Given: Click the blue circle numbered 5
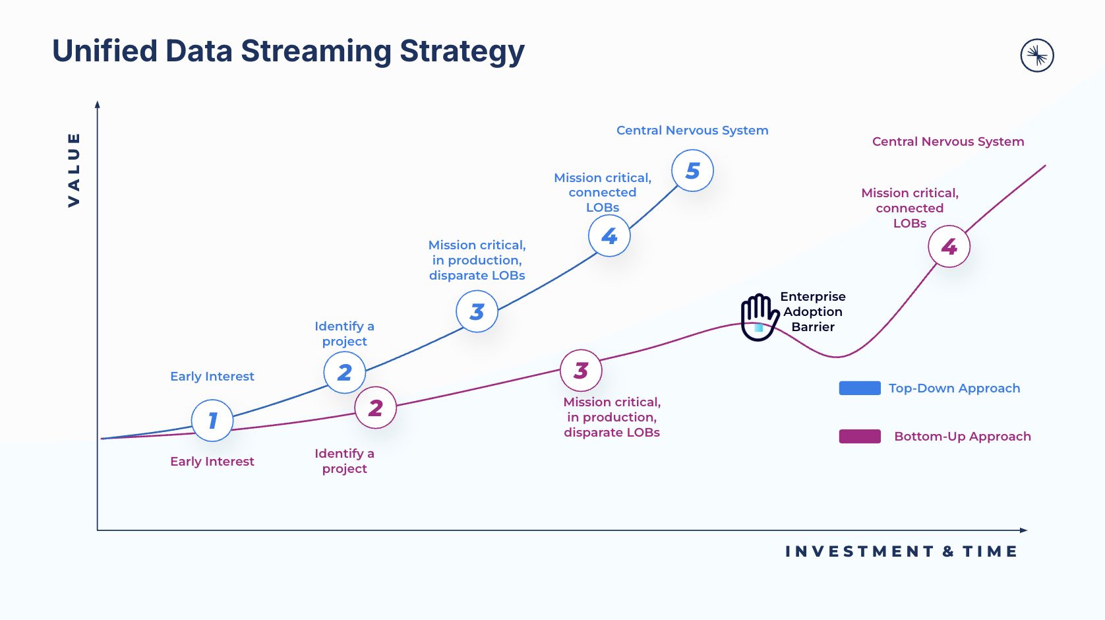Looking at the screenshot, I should pos(692,171).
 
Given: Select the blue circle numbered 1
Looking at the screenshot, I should pos(212,420).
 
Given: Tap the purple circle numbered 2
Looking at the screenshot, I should pos(376,408).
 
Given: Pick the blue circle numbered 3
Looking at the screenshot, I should pos(477,311).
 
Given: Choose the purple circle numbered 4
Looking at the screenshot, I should pos(949,247).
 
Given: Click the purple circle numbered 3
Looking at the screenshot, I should pos(581,370).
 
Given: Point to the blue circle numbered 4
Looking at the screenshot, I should pos(609,235).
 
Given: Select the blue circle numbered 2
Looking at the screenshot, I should pos(344,373).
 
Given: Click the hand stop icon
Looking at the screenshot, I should pos(759,317).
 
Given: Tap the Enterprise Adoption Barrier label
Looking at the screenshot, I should pos(813,311).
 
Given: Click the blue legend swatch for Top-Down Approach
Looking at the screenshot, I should pos(860,388).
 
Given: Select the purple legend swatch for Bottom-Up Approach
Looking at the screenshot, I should pos(860,436).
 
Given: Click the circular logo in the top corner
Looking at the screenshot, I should pos(1037,55).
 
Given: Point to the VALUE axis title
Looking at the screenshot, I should pos(74,170).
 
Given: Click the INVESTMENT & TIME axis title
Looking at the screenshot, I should pos(901,551).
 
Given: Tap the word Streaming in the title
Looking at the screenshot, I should pos(316,51).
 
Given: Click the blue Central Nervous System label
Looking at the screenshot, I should pos(692,131).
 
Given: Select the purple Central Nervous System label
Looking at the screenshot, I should pos(948,142).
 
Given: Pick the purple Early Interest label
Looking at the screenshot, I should pos(212,462).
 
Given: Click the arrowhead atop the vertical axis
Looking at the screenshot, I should pos(98,104).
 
